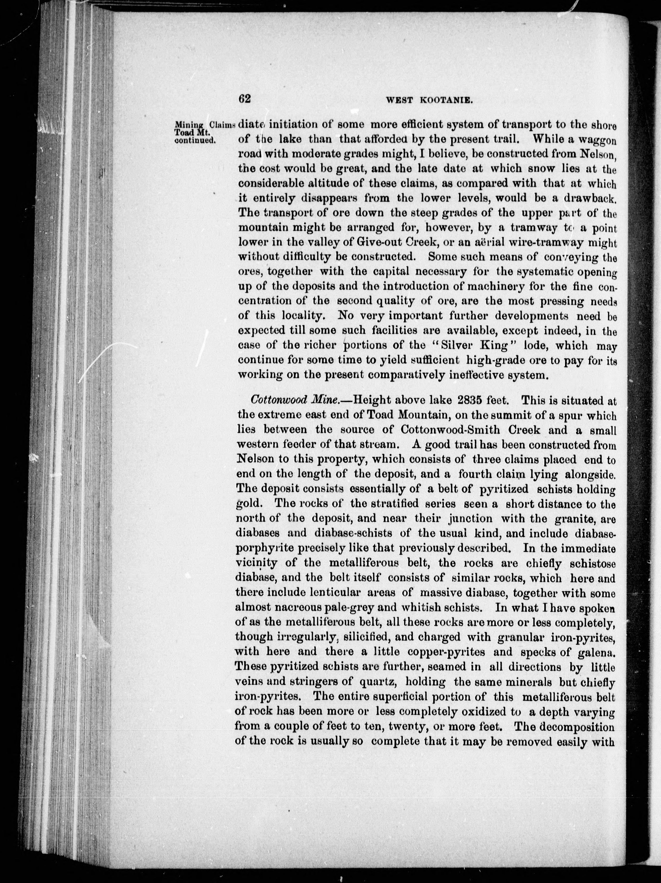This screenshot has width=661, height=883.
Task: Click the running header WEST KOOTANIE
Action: [x=429, y=101]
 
